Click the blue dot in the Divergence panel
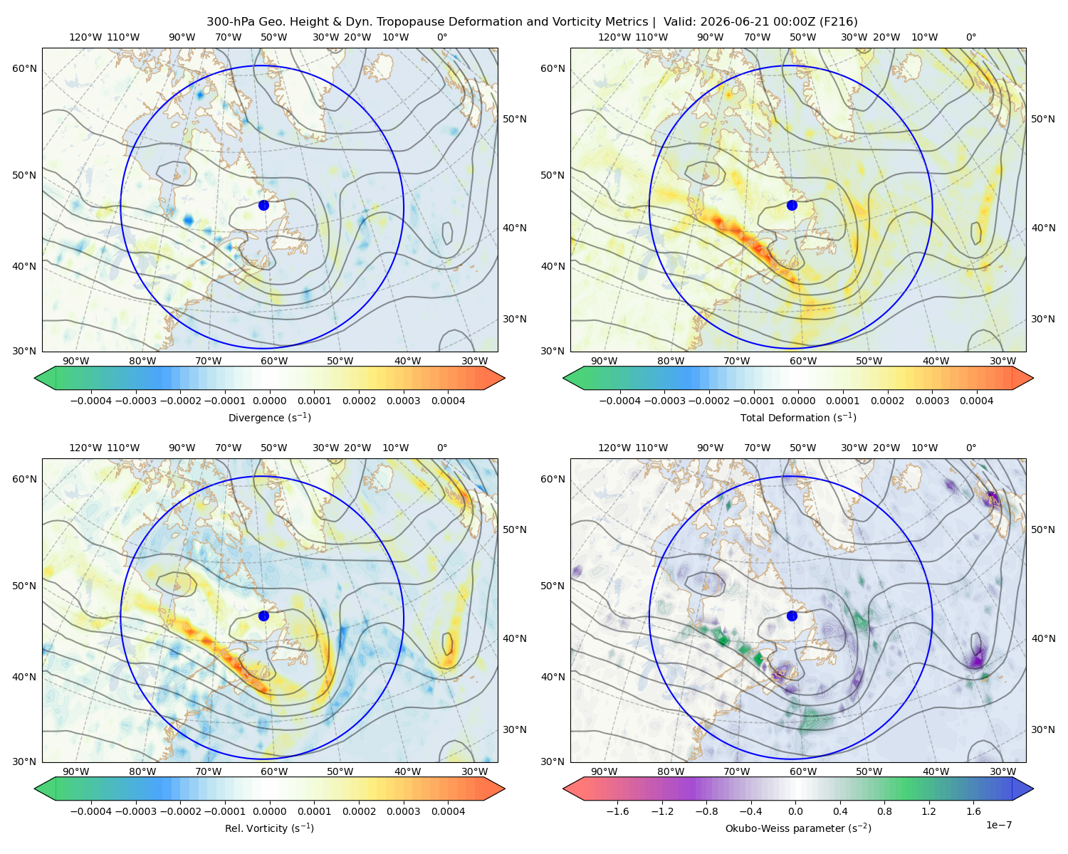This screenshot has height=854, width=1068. (x=263, y=205)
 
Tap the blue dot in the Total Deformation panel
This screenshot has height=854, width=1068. (x=792, y=205)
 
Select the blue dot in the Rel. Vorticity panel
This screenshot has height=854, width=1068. (x=263, y=616)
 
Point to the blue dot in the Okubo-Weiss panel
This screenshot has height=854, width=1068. (x=792, y=616)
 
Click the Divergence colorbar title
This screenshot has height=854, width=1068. (x=269, y=417)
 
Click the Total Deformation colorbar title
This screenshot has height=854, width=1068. (x=798, y=417)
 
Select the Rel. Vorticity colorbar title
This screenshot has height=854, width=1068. (x=269, y=828)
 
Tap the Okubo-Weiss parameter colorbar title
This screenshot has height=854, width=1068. (x=798, y=828)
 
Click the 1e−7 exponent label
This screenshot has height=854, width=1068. (x=998, y=825)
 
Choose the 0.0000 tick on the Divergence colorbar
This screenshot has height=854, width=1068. (x=269, y=401)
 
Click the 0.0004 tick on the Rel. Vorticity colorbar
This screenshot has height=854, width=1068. (x=448, y=811)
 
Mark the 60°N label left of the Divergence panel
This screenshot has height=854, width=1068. (x=24, y=68)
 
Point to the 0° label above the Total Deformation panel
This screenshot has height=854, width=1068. (x=970, y=37)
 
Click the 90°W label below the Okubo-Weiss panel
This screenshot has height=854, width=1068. (x=604, y=771)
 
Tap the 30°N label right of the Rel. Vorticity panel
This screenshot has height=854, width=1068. (x=515, y=729)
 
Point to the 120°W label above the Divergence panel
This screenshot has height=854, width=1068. (x=85, y=37)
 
